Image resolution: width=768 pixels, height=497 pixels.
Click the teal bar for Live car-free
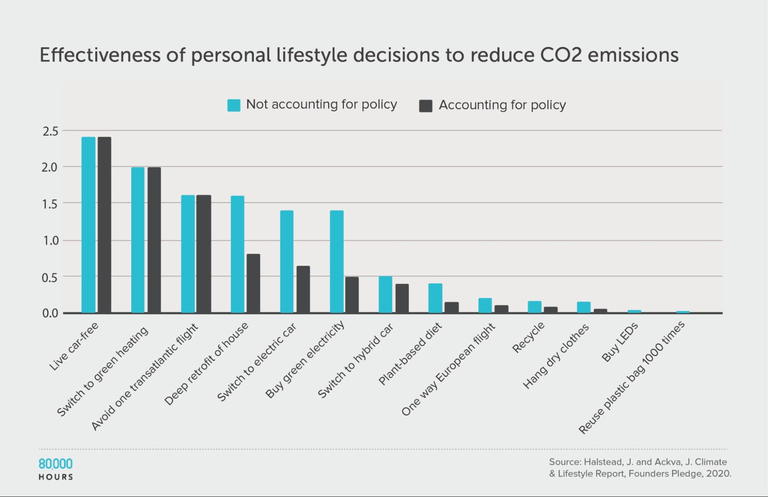(x=88, y=225)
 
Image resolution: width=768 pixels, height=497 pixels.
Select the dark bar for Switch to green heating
(x=154, y=240)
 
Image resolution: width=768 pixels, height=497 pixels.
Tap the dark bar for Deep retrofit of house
(x=253, y=283)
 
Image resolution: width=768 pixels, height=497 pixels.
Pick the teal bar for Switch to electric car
(x=287, y=262)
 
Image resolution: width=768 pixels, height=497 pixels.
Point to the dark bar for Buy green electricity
(x=352, y=295)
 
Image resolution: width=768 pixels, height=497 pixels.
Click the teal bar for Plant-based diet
(x=435, y=298)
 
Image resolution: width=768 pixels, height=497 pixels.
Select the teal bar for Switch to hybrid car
(x=385, y=294)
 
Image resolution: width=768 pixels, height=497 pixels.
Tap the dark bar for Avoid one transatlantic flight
(x=204, y=254)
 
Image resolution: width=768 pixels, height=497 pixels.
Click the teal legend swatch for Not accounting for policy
(x=234, y=105)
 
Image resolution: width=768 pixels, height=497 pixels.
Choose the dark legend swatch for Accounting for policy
(x=426, y=106)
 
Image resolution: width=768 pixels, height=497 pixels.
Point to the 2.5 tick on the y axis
(x=51, y=131)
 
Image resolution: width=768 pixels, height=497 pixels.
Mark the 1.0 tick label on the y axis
(x=50, y=241)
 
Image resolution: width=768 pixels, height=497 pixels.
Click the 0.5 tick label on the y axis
(x=50, y=277)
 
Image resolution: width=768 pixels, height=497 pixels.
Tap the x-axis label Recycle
(x=528, y=337)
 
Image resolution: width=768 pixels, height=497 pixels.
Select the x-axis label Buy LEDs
(x=619, y=342)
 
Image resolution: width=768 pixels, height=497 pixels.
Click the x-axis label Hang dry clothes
(x=556, y=356)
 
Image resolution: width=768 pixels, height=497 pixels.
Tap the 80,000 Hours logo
(x=56, y=469)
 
